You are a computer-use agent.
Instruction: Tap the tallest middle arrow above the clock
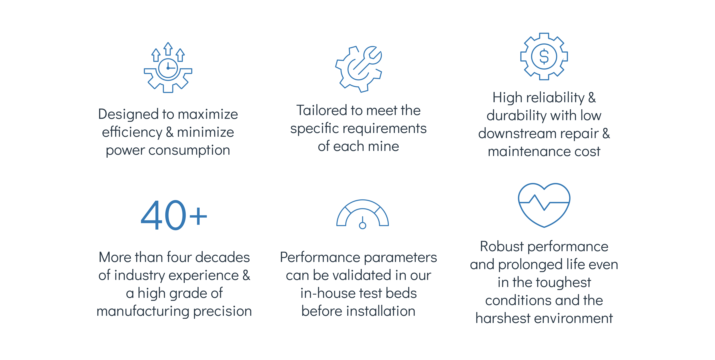[x=168, y=49]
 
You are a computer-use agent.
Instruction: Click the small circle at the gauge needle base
[x=363, y=225]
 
